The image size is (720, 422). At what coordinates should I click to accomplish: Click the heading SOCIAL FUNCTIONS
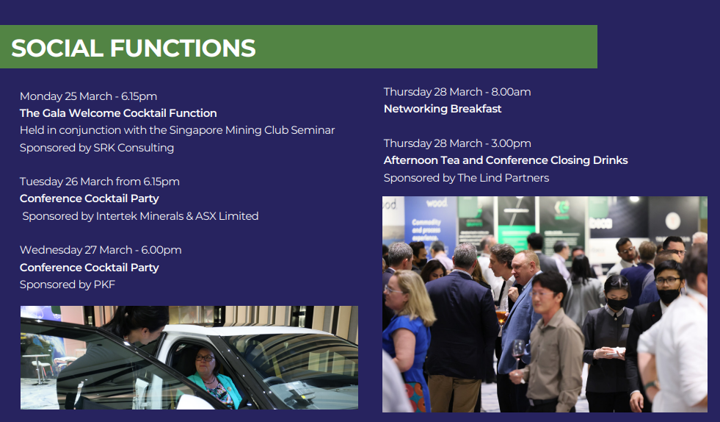click(133, 48)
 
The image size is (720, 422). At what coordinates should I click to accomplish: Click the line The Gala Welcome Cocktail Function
click(118, 113)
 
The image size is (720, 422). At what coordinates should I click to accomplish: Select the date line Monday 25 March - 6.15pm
click(88, 96)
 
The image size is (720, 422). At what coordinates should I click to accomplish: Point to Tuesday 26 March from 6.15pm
click(100, 182)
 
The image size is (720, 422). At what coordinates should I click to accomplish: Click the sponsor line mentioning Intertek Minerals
click(140, 216)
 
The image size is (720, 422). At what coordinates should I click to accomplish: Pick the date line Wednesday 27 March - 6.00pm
click(101, 250)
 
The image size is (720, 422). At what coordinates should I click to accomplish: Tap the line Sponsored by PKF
click(68, 285)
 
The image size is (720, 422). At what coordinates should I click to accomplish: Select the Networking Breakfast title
click(443, 109)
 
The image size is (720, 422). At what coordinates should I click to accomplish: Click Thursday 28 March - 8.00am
click(457, 92)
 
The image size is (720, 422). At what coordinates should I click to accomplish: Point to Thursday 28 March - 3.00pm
click(457, 143)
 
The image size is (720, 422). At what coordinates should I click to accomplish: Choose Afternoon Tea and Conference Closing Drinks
click(506, 160)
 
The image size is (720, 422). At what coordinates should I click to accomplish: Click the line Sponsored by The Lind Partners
click(467, 178)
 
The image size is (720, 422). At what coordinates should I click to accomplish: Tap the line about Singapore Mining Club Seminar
click(177, 130)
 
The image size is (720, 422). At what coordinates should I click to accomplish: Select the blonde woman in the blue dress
click(407, 340)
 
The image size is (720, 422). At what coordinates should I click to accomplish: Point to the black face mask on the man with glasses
click(668, 296)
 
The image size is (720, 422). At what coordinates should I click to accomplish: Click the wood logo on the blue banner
click(436, 203)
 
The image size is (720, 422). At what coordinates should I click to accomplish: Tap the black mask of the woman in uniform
click(617, 304)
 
